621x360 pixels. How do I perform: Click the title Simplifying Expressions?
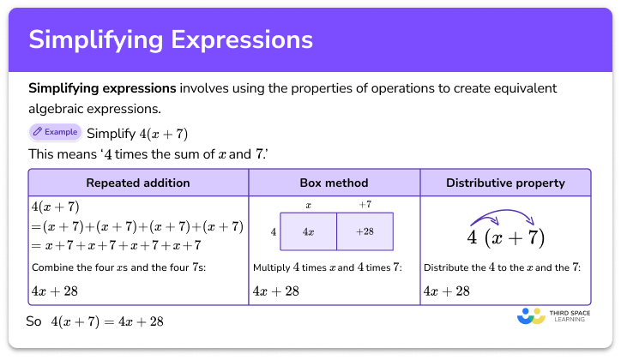[171, 40]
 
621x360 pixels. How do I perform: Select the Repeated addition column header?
[138, 183]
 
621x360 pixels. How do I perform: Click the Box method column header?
[334, 183]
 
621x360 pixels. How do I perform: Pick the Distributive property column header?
[505, 183]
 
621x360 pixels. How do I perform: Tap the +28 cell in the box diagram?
[365, 231]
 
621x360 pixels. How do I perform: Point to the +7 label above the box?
[365, 205]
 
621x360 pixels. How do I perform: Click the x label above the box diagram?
[307, 205]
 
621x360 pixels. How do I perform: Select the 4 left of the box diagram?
[272, 231]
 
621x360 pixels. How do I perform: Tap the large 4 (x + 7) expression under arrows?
[505, 237]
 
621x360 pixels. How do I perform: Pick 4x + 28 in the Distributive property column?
[447, 291]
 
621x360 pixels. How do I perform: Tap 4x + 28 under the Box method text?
[276, 291]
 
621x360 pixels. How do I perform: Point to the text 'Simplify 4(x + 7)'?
[137, 133]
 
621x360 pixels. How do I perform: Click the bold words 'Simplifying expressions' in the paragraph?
[102, 88]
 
